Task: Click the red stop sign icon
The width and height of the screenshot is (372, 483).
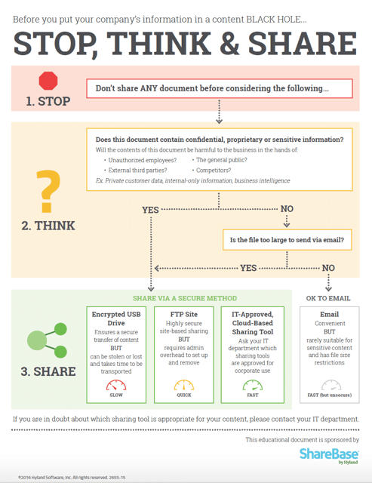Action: tap(48, 81)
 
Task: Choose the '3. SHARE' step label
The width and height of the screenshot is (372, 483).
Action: tap(48, 371)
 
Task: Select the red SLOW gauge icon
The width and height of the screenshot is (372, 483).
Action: tap(116, 386)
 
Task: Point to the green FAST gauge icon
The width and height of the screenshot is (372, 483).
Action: tap(252, 386)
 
